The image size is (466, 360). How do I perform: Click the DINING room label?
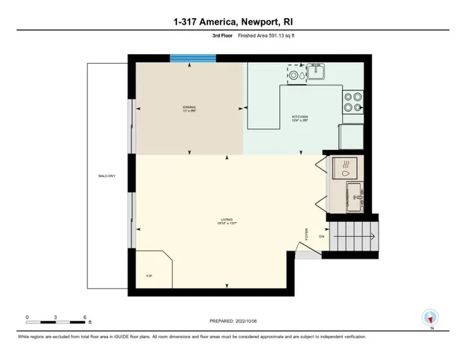[x=188, y=108]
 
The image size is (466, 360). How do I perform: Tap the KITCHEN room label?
[x=300, y=118]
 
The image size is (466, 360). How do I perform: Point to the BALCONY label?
[x=106, y=176]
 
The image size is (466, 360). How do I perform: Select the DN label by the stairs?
[x=322, y=237]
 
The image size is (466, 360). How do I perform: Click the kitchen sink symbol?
[x=312, y=73]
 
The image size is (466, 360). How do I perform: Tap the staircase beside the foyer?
[x=354, y=235]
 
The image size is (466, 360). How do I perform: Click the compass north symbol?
[x=429, y=317]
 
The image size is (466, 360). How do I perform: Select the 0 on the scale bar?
[x=27, y=316]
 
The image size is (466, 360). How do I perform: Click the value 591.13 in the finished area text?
[x=270, y=36]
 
